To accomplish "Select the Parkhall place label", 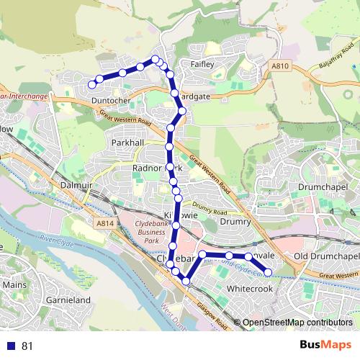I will pos(129,143).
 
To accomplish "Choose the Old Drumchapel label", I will pos(326,256).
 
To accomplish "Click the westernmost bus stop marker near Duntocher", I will pos(91,85).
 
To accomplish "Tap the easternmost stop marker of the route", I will pos(268,272).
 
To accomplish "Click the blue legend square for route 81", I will pos(10,346).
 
